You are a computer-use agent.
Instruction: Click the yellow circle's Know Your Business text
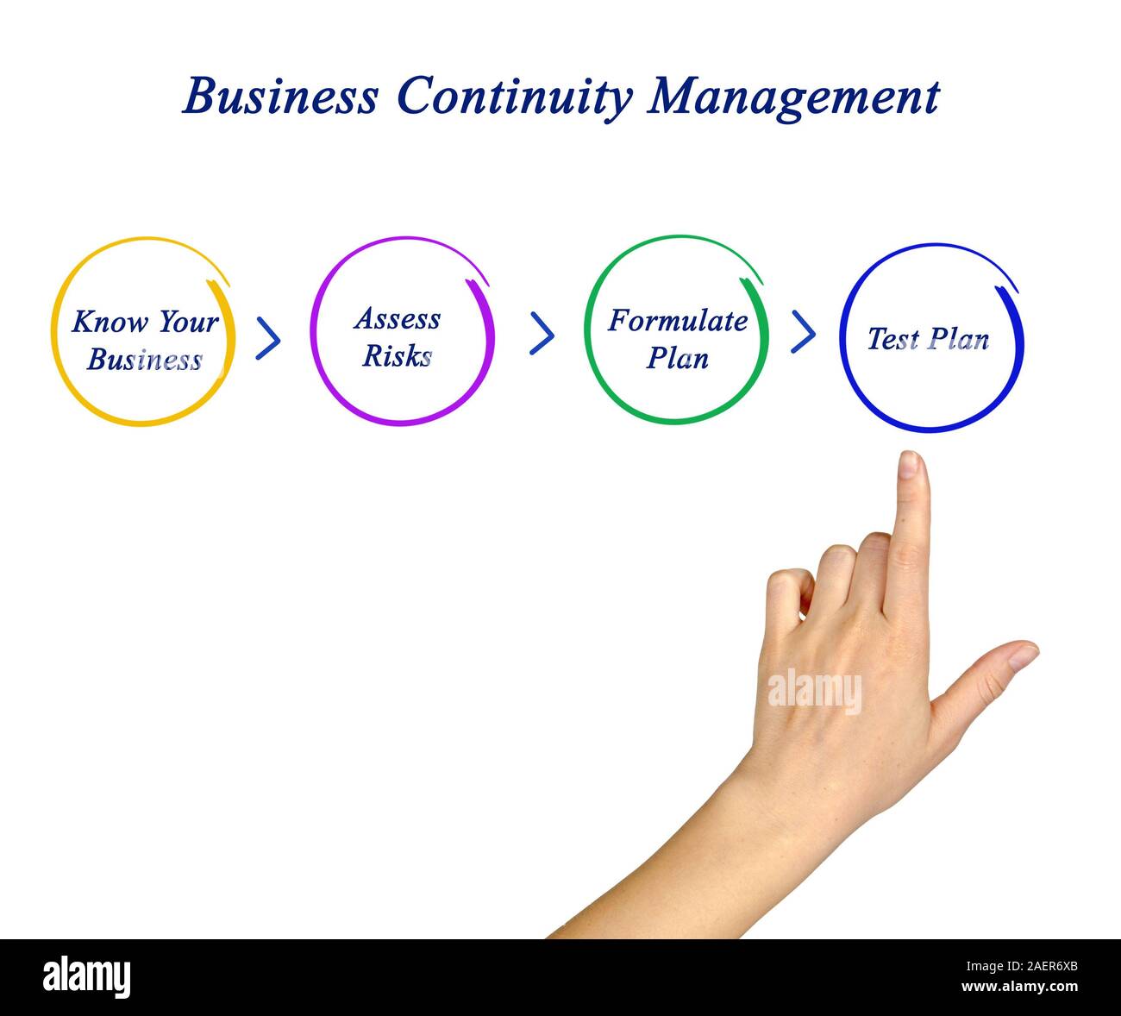pyautogui.click(x=144, y=340)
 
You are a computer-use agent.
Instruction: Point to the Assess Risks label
pyautogui.click(x=398, y=336)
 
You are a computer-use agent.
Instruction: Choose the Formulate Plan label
pyautogui.click(x=678, y=338)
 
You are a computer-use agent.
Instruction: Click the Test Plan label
pyautogui.click(x=928, y=339)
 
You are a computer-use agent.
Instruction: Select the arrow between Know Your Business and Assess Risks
pyautogui.click(x=268, y=337)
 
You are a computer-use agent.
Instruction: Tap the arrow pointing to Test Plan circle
pyautogui.click(x=803, y=332)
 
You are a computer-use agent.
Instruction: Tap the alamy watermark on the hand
pyautogui.click(x=814, y=691)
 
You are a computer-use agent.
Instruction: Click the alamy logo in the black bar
pyautogui.click(x=87, y=977)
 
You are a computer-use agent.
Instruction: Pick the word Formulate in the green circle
pyautogui.click(x=678, y=321)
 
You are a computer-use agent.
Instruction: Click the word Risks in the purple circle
pyautogui.click(x=397, y=355)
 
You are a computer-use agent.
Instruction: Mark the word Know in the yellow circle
pyautogui.click(x=97, y=322)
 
